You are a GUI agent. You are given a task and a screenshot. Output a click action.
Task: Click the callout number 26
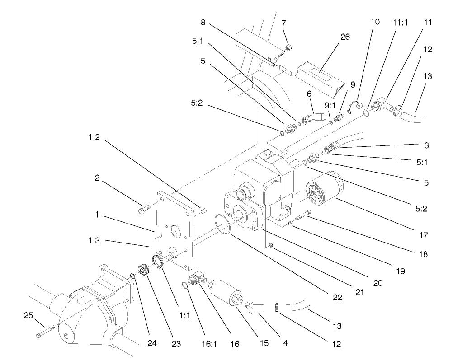345,37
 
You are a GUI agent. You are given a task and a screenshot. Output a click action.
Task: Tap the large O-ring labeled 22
223,224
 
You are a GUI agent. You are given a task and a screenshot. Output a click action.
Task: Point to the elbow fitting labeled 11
378,106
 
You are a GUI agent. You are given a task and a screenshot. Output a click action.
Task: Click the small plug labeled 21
270,245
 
